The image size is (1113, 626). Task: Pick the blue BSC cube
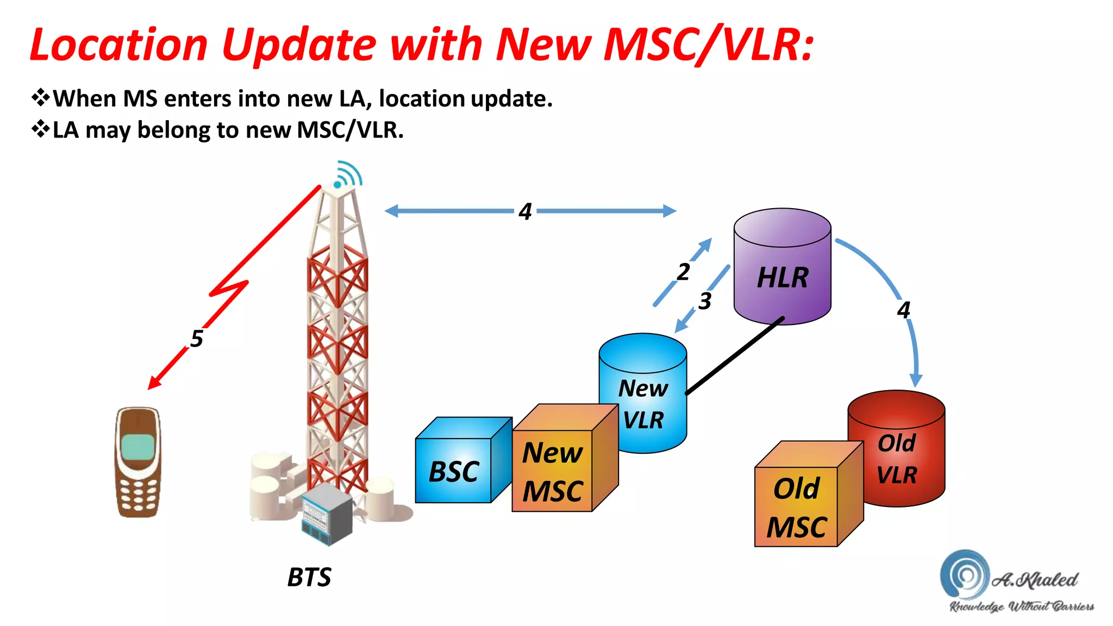coord(454,470)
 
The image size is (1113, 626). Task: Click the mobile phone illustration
coord(138,462)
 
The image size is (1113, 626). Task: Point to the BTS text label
coord(309,577)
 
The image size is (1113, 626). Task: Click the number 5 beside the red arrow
coord(197,339)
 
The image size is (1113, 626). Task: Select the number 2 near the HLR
coord(683,272)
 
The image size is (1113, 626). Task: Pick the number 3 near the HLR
coord(705,301)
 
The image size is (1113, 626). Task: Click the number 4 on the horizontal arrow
coord(524,211)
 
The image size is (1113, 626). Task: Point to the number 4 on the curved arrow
coord(903,310)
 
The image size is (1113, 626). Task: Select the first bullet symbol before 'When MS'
coord(40,98)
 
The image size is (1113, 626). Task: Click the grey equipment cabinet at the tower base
coord(327,514)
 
